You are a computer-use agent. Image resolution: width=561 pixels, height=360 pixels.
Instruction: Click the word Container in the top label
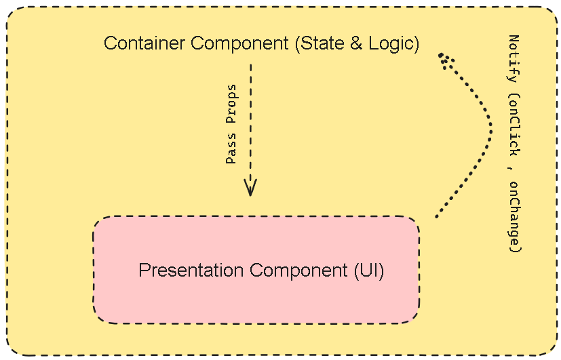pos(145,44)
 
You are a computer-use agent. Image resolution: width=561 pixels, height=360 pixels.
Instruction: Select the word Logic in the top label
pos(391,44)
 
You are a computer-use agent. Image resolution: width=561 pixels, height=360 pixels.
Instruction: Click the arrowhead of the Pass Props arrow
pos(250,188)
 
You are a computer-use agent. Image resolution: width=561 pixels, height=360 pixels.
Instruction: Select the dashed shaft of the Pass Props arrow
pos(250,122)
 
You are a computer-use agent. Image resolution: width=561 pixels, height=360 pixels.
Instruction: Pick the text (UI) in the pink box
pos(369,271)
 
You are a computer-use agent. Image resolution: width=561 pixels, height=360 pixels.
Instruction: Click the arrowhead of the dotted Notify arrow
pos(442,57)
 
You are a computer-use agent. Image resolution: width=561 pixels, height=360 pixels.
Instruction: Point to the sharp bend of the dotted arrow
pos(490,125)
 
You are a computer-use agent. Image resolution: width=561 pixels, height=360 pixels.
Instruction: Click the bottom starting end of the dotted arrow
pos(436,216)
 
